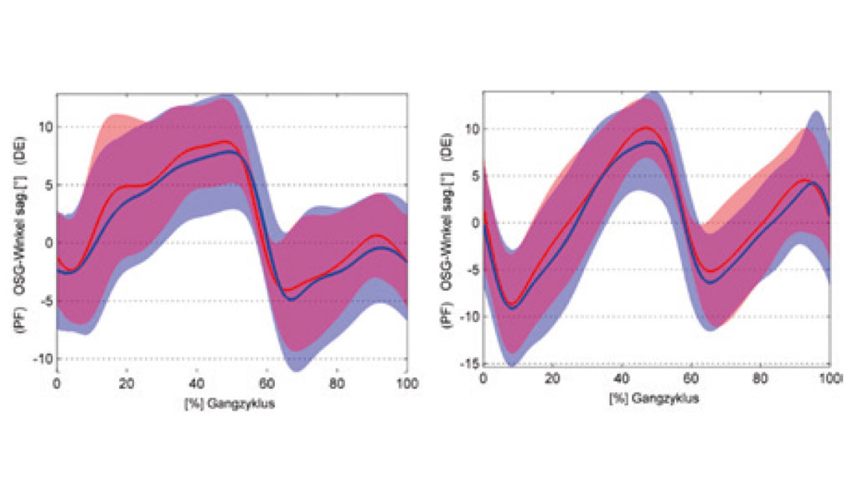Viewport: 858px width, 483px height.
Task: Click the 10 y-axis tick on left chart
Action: pyautogui.click(x=45, y=127)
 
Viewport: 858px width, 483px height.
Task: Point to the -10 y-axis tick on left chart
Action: pyautogui.click(x=43, y=358)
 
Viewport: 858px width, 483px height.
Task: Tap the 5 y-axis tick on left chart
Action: pyautogui.click(x=48, y=185)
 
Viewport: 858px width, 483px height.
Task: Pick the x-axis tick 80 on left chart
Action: pyautogui.click(x=337, y=384)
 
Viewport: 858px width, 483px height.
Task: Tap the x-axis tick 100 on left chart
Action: pyautogui.click(x=406, y=384)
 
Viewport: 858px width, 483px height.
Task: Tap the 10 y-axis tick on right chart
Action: pyautogui.click(x=471, y=129)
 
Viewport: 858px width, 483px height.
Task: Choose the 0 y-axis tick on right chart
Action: pyautogui.click(x=473, y=223)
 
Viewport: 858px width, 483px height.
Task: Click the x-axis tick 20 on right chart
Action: pyautogui.click(x=552, y=380)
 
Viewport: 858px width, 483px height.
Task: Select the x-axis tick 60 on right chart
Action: pyautogui.click(x=691, y=380)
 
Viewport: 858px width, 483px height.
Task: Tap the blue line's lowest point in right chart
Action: pyautogui.click(x=512, y=309)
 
